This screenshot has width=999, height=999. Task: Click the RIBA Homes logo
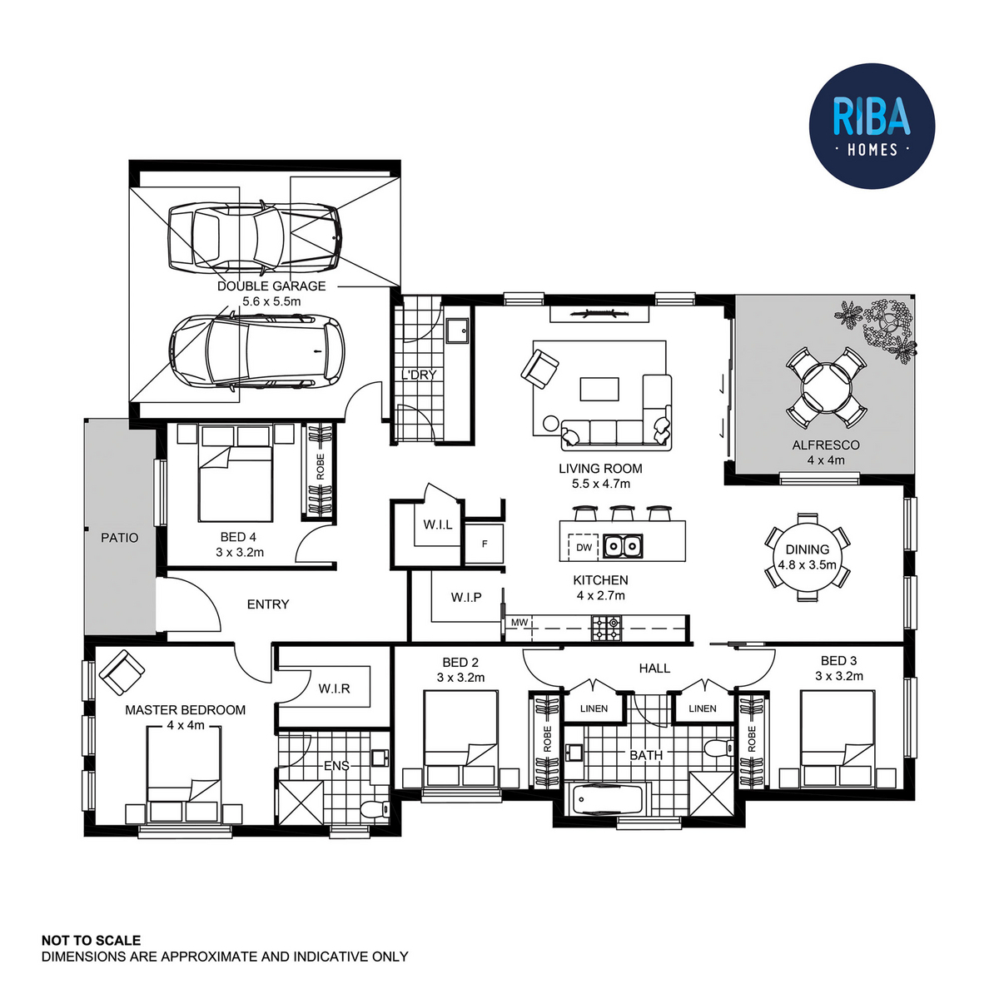[x=872, y=126]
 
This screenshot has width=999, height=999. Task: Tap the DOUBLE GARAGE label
[x=271, y=286]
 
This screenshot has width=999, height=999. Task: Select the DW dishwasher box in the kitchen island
[x=584, y=547]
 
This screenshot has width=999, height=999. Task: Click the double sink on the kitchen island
[x=623, y=546]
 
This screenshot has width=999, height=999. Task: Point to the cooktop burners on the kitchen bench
[x=607, y=628]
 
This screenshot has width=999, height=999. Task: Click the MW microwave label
[x=519, y=622]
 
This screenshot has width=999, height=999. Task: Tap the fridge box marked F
[x=485, y=544]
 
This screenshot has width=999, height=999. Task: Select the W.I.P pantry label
[x=466, y=597]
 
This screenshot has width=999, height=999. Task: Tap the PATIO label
[x=120, y=538]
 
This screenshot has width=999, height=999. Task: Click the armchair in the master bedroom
[x=122, y=673]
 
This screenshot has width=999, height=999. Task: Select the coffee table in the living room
[x=599, y=390]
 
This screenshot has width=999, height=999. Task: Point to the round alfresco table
[x=826, y=388]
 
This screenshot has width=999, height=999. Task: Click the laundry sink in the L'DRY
[x=457, y=331]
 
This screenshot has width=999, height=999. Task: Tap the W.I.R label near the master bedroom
[x=334, y=688]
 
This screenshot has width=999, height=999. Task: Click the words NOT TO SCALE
[x=91, y=941]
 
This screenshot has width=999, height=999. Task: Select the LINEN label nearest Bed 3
[x=703, y=708]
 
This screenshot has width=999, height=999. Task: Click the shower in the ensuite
[x=301, y=803]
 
